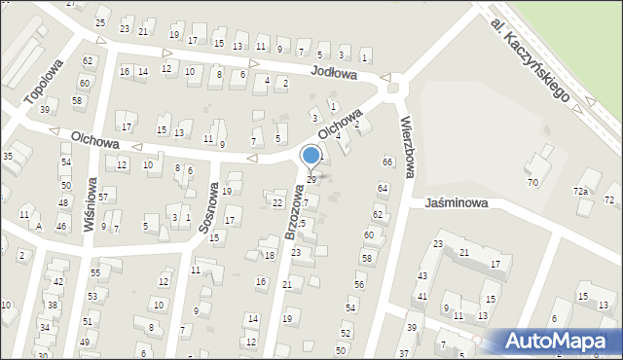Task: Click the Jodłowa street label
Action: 335,73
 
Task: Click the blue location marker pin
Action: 311,157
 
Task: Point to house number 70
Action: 532,183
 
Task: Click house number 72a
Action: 581,191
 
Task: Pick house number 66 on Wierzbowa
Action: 387,162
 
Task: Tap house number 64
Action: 383,188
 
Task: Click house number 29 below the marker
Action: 311,180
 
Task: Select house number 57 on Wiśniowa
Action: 102,198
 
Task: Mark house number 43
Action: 422,277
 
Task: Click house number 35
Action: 8,156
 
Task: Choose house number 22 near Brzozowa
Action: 277,202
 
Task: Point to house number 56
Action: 359,284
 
